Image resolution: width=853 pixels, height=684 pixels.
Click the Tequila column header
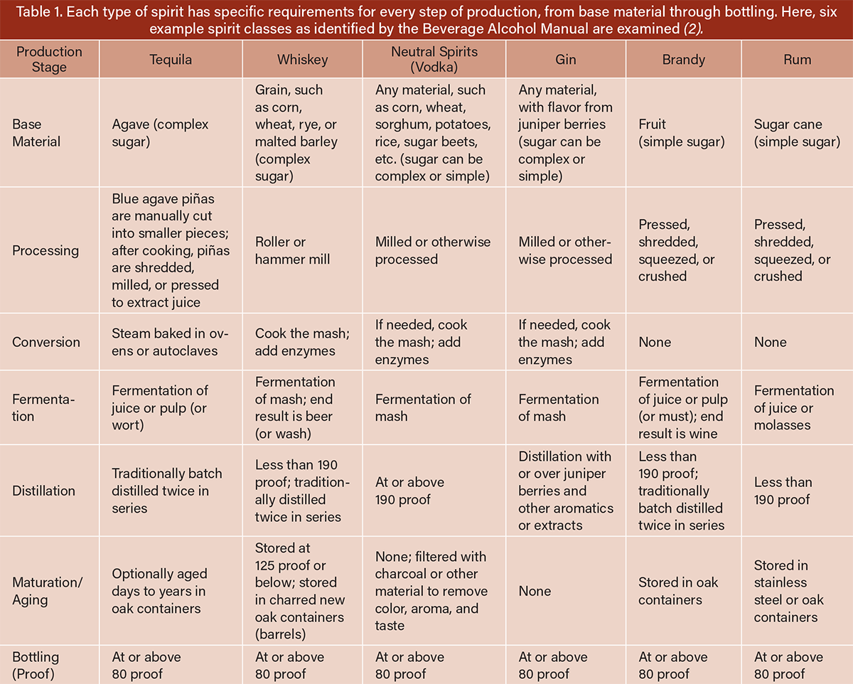click(x=171, y=60)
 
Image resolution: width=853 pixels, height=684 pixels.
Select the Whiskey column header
click(x=303, y=60)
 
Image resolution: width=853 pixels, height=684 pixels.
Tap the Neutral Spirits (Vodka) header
click(x=434, y=60)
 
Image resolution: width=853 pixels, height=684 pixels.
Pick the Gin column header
click(x=565, y=60)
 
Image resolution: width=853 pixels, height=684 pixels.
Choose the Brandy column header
click(x=683, y=60)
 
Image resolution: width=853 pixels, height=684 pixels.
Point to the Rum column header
click(x=797, y=60)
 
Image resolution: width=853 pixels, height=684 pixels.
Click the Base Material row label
click(x=36, y=133)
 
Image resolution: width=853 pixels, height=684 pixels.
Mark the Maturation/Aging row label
click(x=47, y=591)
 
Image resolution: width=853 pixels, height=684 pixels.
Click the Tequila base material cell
click(x=161, y=133)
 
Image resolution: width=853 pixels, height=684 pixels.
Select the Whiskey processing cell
click(x=293, y=250)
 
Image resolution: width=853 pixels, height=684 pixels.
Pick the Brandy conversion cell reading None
click(x=655, y=342)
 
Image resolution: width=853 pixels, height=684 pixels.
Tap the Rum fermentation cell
click(x=794, y=408)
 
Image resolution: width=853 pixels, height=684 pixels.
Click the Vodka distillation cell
click(x=409, y=491)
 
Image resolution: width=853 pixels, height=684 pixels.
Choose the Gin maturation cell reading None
click(x=535, y=591)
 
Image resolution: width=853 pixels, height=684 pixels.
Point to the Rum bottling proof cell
click(x=788, y=665)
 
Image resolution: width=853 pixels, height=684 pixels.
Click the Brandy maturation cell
click(x=678, y=591)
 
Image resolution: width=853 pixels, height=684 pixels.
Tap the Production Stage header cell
click(x=49, y=60)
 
